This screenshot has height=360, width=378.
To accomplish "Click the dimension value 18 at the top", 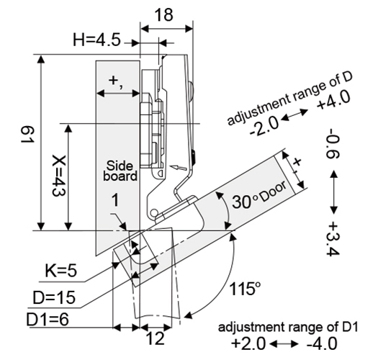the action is pos(163,15).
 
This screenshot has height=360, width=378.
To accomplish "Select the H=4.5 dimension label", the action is pos(96,40).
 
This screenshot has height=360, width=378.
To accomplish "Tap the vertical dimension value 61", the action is pos(27,135).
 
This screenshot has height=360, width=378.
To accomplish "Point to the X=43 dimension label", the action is pos(59,176).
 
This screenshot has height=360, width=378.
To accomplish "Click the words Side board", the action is pos(120,171).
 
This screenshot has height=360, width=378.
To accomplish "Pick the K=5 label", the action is pos(61,270).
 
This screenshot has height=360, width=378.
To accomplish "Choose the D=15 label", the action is pos(54,297).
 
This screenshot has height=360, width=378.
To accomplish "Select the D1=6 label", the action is pos(48,320).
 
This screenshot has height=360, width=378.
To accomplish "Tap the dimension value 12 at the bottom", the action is pos(156,338).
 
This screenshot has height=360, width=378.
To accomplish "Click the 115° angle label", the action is pos(245,289).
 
